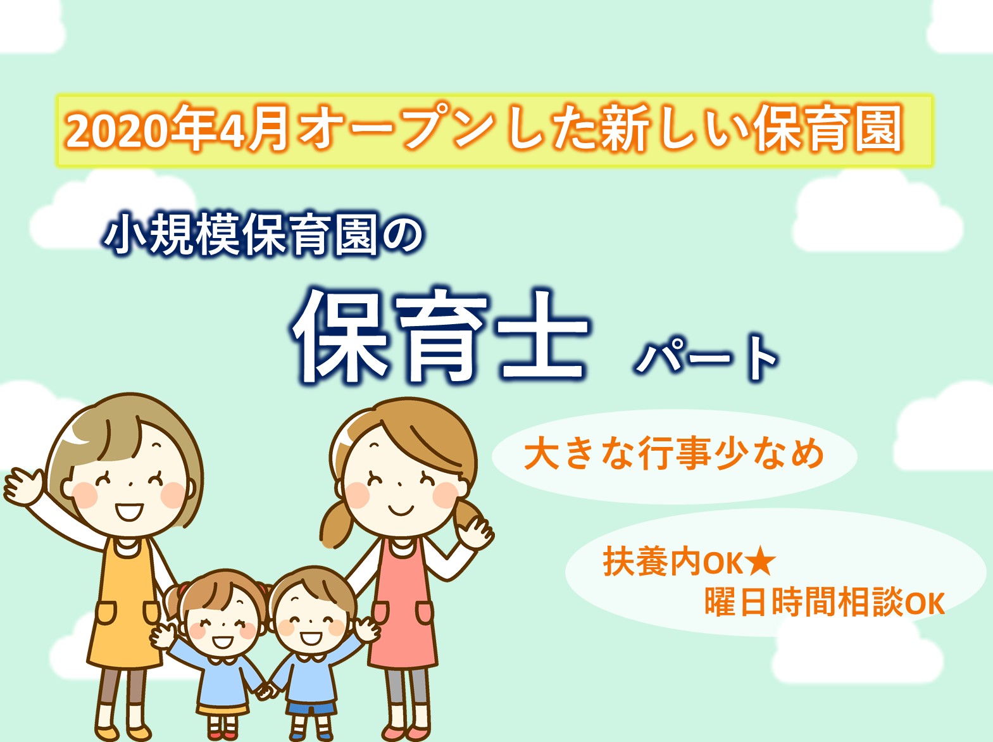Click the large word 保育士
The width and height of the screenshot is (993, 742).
pyautogui.click(x=440, y=337)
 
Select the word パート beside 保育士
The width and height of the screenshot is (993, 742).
pyautogui.click(x=706, y=358)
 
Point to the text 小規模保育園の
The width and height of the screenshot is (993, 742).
pyautogui.click(x=263, y=234)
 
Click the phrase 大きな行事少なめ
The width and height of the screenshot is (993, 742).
pyautogui.click(x=673, y=454)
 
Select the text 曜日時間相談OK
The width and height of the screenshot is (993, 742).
pyautogui.click(x=824, y=601)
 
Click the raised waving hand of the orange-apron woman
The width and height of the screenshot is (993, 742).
pyautogui.click(x=23, y=486)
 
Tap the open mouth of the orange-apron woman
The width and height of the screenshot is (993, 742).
pyautogui.click(x=129, y=512)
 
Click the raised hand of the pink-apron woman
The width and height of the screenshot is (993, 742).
pyautogui.click(x=475, y=533)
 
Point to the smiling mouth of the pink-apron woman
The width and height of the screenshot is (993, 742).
pyautogui.click(x=401, y=511)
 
